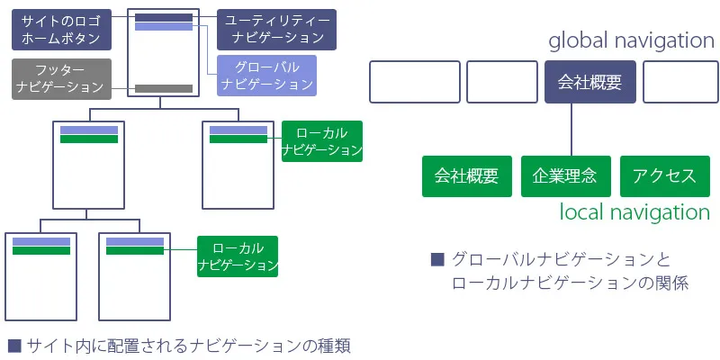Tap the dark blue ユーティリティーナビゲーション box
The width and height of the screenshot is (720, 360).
[277, 30]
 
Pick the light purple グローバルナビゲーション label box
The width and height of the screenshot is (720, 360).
[267, 76]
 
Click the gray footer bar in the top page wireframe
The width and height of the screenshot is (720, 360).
[164, 88]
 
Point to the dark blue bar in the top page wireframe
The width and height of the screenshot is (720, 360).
[164, 17]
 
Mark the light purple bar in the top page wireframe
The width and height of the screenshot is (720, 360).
[164, 27]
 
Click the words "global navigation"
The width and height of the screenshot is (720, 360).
[630, 40]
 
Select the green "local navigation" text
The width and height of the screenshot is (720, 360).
[634, 212]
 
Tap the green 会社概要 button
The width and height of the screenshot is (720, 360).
[466, 176]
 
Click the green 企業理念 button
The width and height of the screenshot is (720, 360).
[565, 176]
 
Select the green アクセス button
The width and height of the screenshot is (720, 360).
[664, 176]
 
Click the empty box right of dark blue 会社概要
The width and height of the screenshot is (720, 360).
[680, 82]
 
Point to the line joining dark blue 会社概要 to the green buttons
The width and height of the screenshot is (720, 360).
[572, 130]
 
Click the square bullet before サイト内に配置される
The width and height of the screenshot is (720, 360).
[14, 344]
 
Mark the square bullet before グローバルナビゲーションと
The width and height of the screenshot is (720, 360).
[438, 260]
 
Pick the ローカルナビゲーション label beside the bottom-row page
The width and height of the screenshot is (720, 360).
[238, 256]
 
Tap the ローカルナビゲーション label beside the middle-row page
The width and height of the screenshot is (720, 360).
[321, 141]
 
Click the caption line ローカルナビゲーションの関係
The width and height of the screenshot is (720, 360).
[571, 283]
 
